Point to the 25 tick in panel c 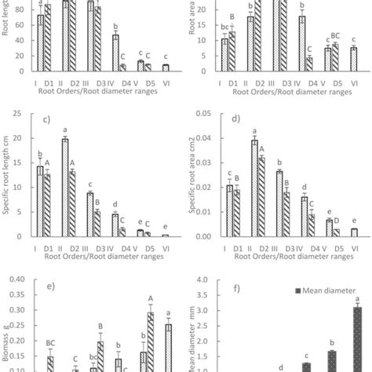point(24,115)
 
